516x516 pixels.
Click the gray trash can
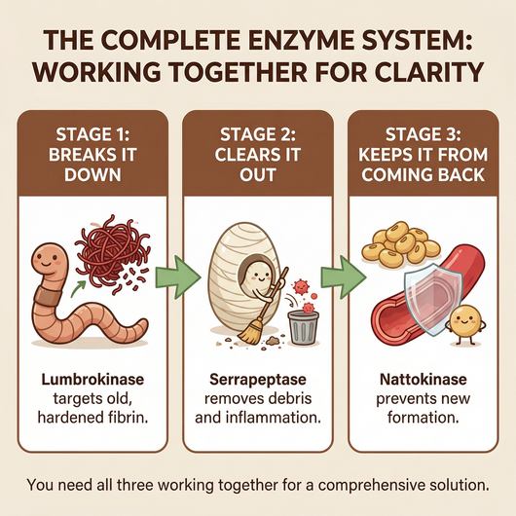click(x=303, y=322)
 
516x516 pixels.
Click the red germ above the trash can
click(x=300, y=289)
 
